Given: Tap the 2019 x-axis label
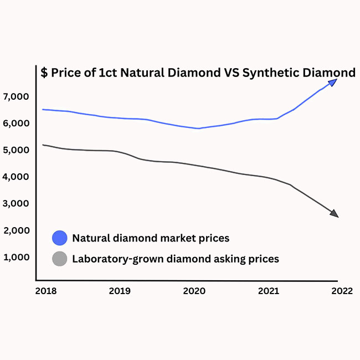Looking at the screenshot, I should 120,290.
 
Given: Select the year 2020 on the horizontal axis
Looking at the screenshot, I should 194,290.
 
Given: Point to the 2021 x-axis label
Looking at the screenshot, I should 269,290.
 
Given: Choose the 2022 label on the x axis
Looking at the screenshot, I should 342,290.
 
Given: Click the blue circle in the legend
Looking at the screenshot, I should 59,238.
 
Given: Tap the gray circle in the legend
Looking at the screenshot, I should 59,259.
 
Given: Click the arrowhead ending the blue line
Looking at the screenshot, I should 332,82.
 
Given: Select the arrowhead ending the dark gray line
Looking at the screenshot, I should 333,214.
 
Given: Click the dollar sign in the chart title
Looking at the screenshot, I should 44,73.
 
